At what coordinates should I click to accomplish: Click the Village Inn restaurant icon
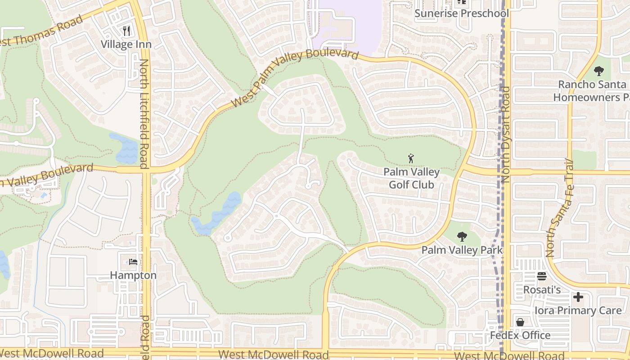coord(126,31)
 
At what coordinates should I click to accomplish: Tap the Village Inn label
coord(126,44)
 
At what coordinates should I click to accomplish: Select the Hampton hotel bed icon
coord(133,261)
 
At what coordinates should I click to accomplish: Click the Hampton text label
coord(133,275)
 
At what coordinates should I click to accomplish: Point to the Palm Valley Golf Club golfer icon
coord(410,158)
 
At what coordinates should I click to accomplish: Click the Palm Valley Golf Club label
coord(411,178)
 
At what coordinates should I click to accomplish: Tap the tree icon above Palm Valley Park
coord(462,237)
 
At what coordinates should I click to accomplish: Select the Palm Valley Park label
coord(462,250)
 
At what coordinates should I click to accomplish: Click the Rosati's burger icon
coord(541,276)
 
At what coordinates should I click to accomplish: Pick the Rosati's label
coord(542,289)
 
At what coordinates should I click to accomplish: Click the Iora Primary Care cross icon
coord(578,297)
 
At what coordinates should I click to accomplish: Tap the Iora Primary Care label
coord(578,310)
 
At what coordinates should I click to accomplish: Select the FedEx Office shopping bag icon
coord(520,322)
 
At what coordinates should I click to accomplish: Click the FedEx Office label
coord(520,335)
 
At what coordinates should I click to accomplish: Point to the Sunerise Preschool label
coord(461,13)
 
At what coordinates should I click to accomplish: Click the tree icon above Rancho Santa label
coord(598,71)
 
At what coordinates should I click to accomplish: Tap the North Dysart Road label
coord(505,134)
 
